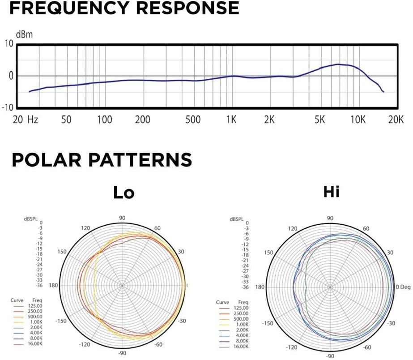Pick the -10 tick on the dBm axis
tap(8, 107)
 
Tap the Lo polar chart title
tap(124, 193)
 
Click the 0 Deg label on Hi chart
tap(404, 287)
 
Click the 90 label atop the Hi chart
tap(330, 218)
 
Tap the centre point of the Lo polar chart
tap(121, 285)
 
